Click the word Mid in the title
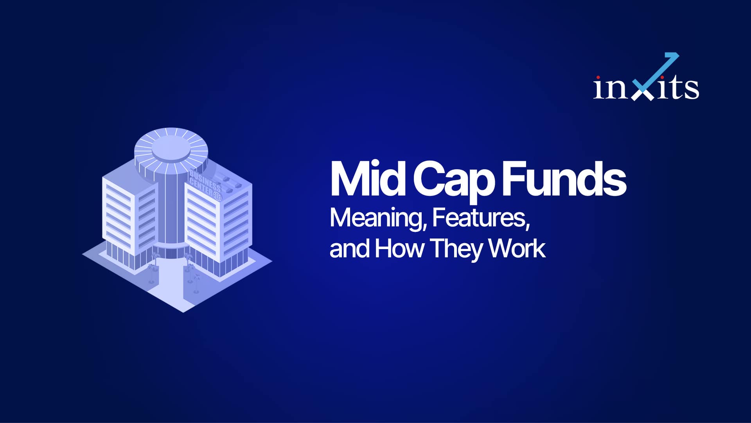point(368,178)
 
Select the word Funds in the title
point(564,178)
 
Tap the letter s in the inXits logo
point(692,89)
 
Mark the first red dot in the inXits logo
point(598,77)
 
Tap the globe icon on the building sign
point(217,196)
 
